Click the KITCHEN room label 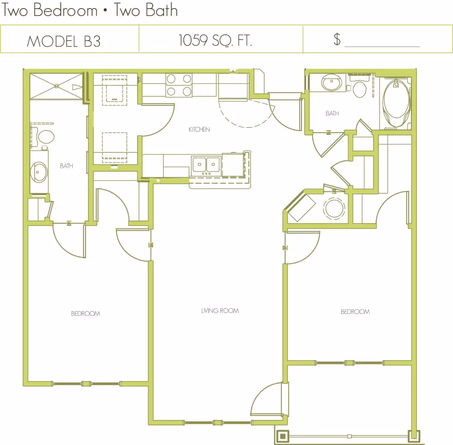[199, 130]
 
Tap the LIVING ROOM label [220, 311]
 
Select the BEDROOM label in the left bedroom [85, 313]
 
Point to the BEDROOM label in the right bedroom [355, 312]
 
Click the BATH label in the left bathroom [67, 166]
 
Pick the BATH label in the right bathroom [332, 114]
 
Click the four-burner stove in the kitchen [179, 85]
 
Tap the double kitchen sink [206, 165]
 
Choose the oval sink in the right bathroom [331, 83]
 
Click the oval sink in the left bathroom [39, 172]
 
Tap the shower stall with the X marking [57, 86]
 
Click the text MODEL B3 [64, 41]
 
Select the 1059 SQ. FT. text [215, 40]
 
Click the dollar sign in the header [337, 39]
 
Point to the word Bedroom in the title [66, 10]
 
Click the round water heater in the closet [334, 208]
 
